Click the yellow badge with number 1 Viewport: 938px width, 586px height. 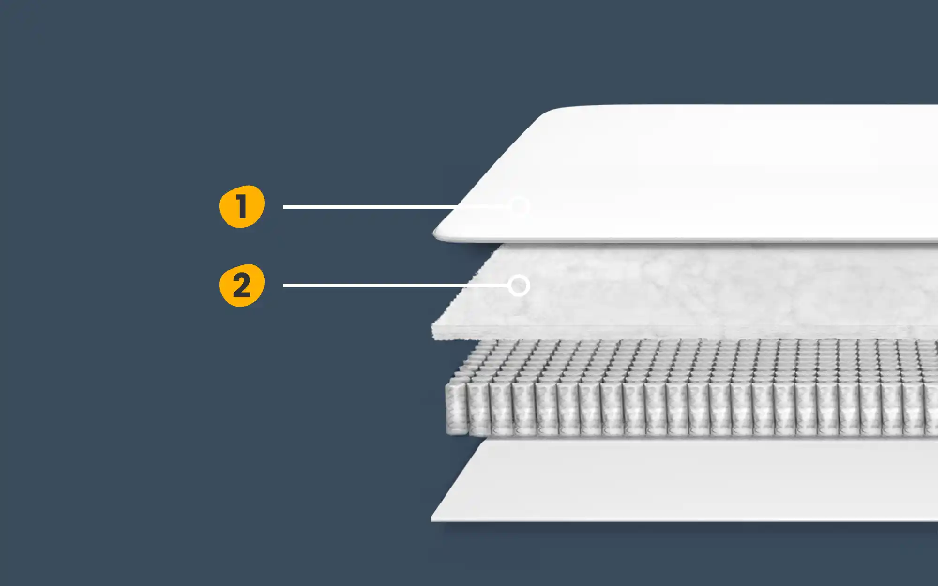[x=242, y=207]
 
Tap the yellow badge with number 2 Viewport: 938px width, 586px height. [x=242, y=285]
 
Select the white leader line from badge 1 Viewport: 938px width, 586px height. [x=375, y=206]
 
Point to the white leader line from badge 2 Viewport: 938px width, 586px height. [x=375, y=285]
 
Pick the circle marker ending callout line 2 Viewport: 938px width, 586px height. [x=519, y=285]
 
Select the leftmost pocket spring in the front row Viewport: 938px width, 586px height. [x=456, y=408]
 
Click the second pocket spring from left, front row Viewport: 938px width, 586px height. [x=478, y=408]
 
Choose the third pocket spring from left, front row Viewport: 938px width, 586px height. [x=500, y=408]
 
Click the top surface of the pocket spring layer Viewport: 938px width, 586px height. [x=680, y=361]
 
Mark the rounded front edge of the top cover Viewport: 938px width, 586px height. [x=657, y=240]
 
